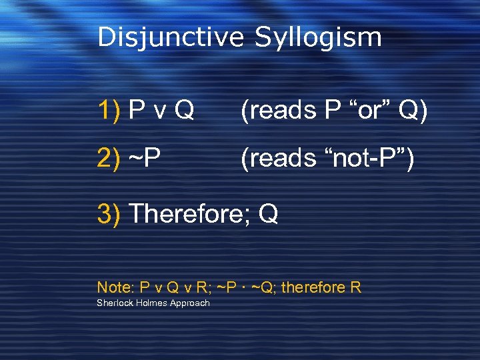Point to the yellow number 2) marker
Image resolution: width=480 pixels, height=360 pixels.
[x=109, y=159]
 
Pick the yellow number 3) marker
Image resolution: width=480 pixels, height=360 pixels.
[x=109, y=214]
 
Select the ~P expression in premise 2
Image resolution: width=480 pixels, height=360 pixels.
[x=143, y=159]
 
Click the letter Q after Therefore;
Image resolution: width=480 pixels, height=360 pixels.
[x=268, y=214]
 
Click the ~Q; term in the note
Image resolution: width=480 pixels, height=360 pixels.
[x=266, y=288]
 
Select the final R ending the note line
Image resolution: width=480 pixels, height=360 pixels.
[x=356, y=288]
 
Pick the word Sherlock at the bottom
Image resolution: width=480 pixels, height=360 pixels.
[x=115, y=303]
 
